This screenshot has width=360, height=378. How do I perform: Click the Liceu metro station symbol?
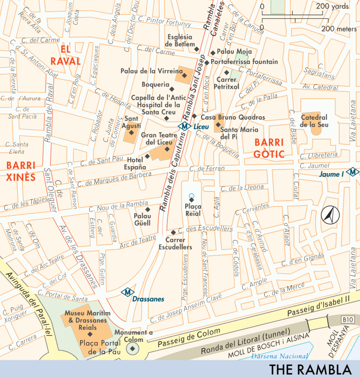click(185, 126)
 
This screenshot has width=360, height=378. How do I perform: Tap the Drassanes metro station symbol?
click(125, 292)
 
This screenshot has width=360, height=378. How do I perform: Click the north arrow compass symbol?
click(329, 214)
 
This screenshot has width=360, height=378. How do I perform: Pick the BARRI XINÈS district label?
click(21, 171)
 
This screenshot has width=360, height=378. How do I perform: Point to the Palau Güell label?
click(142, 219)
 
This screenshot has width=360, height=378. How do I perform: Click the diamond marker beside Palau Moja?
click(212, 52)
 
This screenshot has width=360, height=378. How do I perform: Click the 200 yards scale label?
click(332, 7)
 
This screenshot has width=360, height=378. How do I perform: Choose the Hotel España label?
click(134, 163)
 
